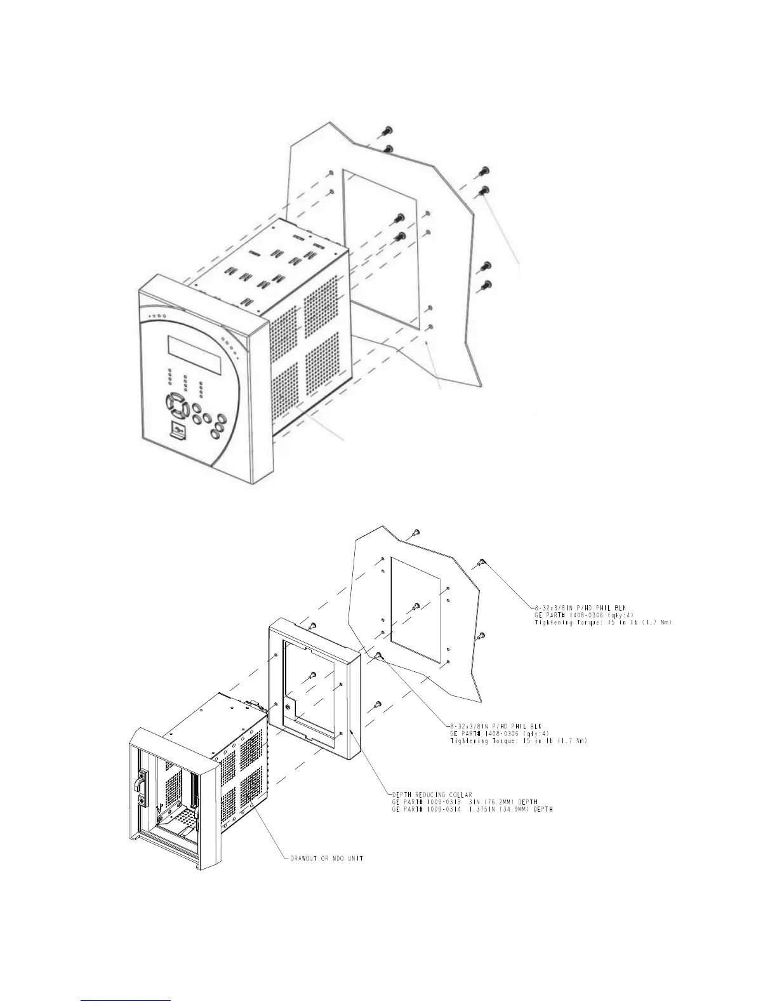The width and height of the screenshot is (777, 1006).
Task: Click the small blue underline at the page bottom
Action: [126, 1000]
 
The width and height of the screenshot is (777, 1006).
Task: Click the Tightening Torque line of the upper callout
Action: [603, 623]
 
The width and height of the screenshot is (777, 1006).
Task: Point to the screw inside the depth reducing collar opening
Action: [312, 675]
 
